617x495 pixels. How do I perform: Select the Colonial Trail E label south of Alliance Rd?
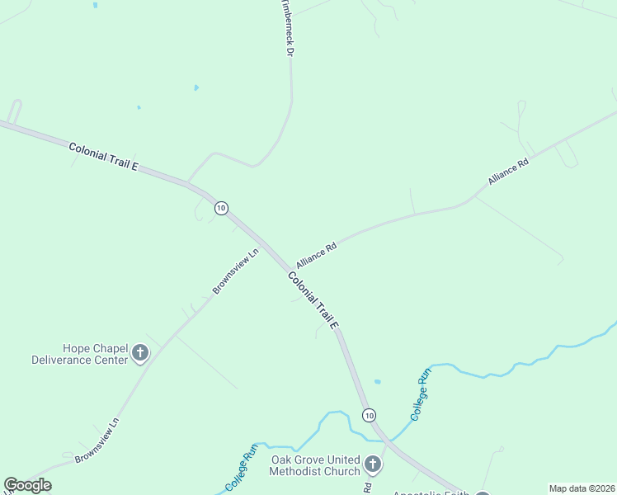click(314, 299)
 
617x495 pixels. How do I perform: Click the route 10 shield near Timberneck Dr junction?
click(221, 208)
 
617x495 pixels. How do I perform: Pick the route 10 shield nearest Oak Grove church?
click(369, 414)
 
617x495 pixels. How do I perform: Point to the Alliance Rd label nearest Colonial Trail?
click(318, 252)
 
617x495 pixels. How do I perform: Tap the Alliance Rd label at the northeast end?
click(507, 170)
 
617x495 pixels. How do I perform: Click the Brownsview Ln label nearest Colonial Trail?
click(236, 271)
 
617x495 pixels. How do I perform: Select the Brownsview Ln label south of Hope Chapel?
click(97, 440)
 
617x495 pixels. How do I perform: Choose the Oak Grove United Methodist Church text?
click(315, 465)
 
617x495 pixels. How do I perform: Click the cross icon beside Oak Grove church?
click(372, 465)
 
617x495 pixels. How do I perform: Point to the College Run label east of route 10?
click(421, 395)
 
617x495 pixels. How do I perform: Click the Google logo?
click(27, 485)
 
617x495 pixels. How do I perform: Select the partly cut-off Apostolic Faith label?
click(430, 493)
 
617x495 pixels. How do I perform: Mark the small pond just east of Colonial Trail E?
click(377, 382)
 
